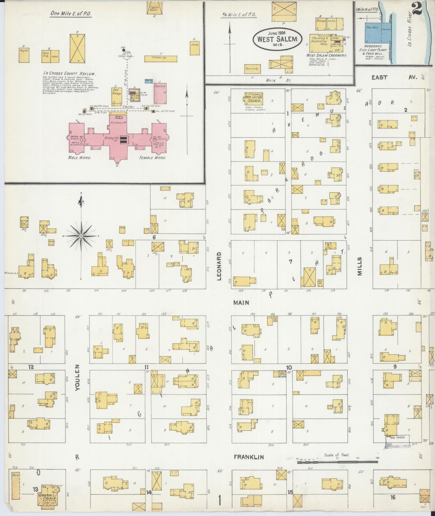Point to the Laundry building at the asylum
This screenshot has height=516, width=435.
click(160, 93)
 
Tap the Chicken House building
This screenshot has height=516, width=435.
click(160, 58)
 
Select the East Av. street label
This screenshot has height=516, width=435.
click(394, 77)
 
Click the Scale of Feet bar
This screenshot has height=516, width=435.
click(337, 461)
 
